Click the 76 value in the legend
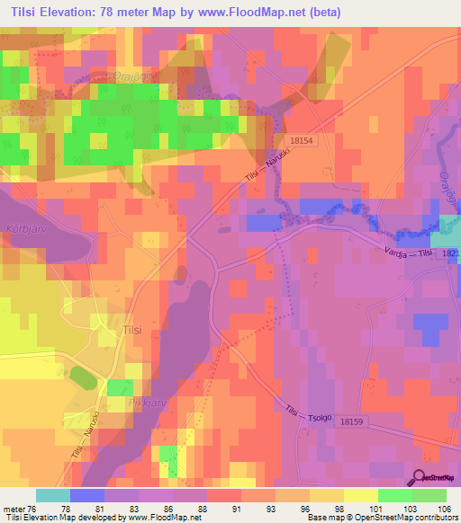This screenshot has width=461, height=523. tap(35, 508)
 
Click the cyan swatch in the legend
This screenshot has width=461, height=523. tap(52, 495)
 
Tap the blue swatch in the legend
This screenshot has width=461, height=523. tap(86, 495)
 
